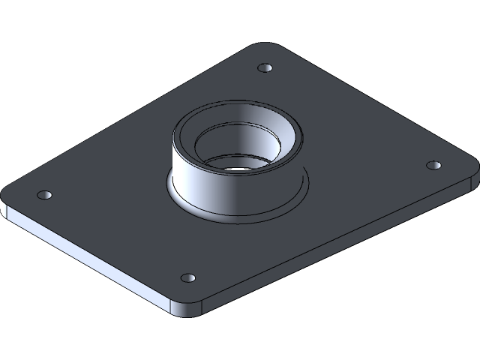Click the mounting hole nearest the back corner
pyautogui.click(x=264, y=68)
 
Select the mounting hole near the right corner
pyautogui.click(x=433, y=165)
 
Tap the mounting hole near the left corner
pyautogui.click(x=45, y=195)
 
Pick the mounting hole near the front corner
pyautogui.click(x=187, y=278)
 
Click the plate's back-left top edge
pyautogui.click(x=127, y=112)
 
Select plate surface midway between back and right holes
pyautogui.click(x=349, y=116)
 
